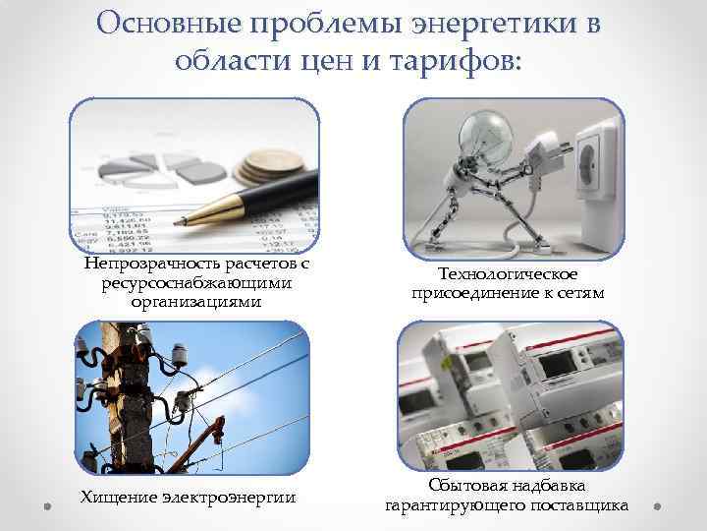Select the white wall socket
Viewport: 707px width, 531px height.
[600, 177]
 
